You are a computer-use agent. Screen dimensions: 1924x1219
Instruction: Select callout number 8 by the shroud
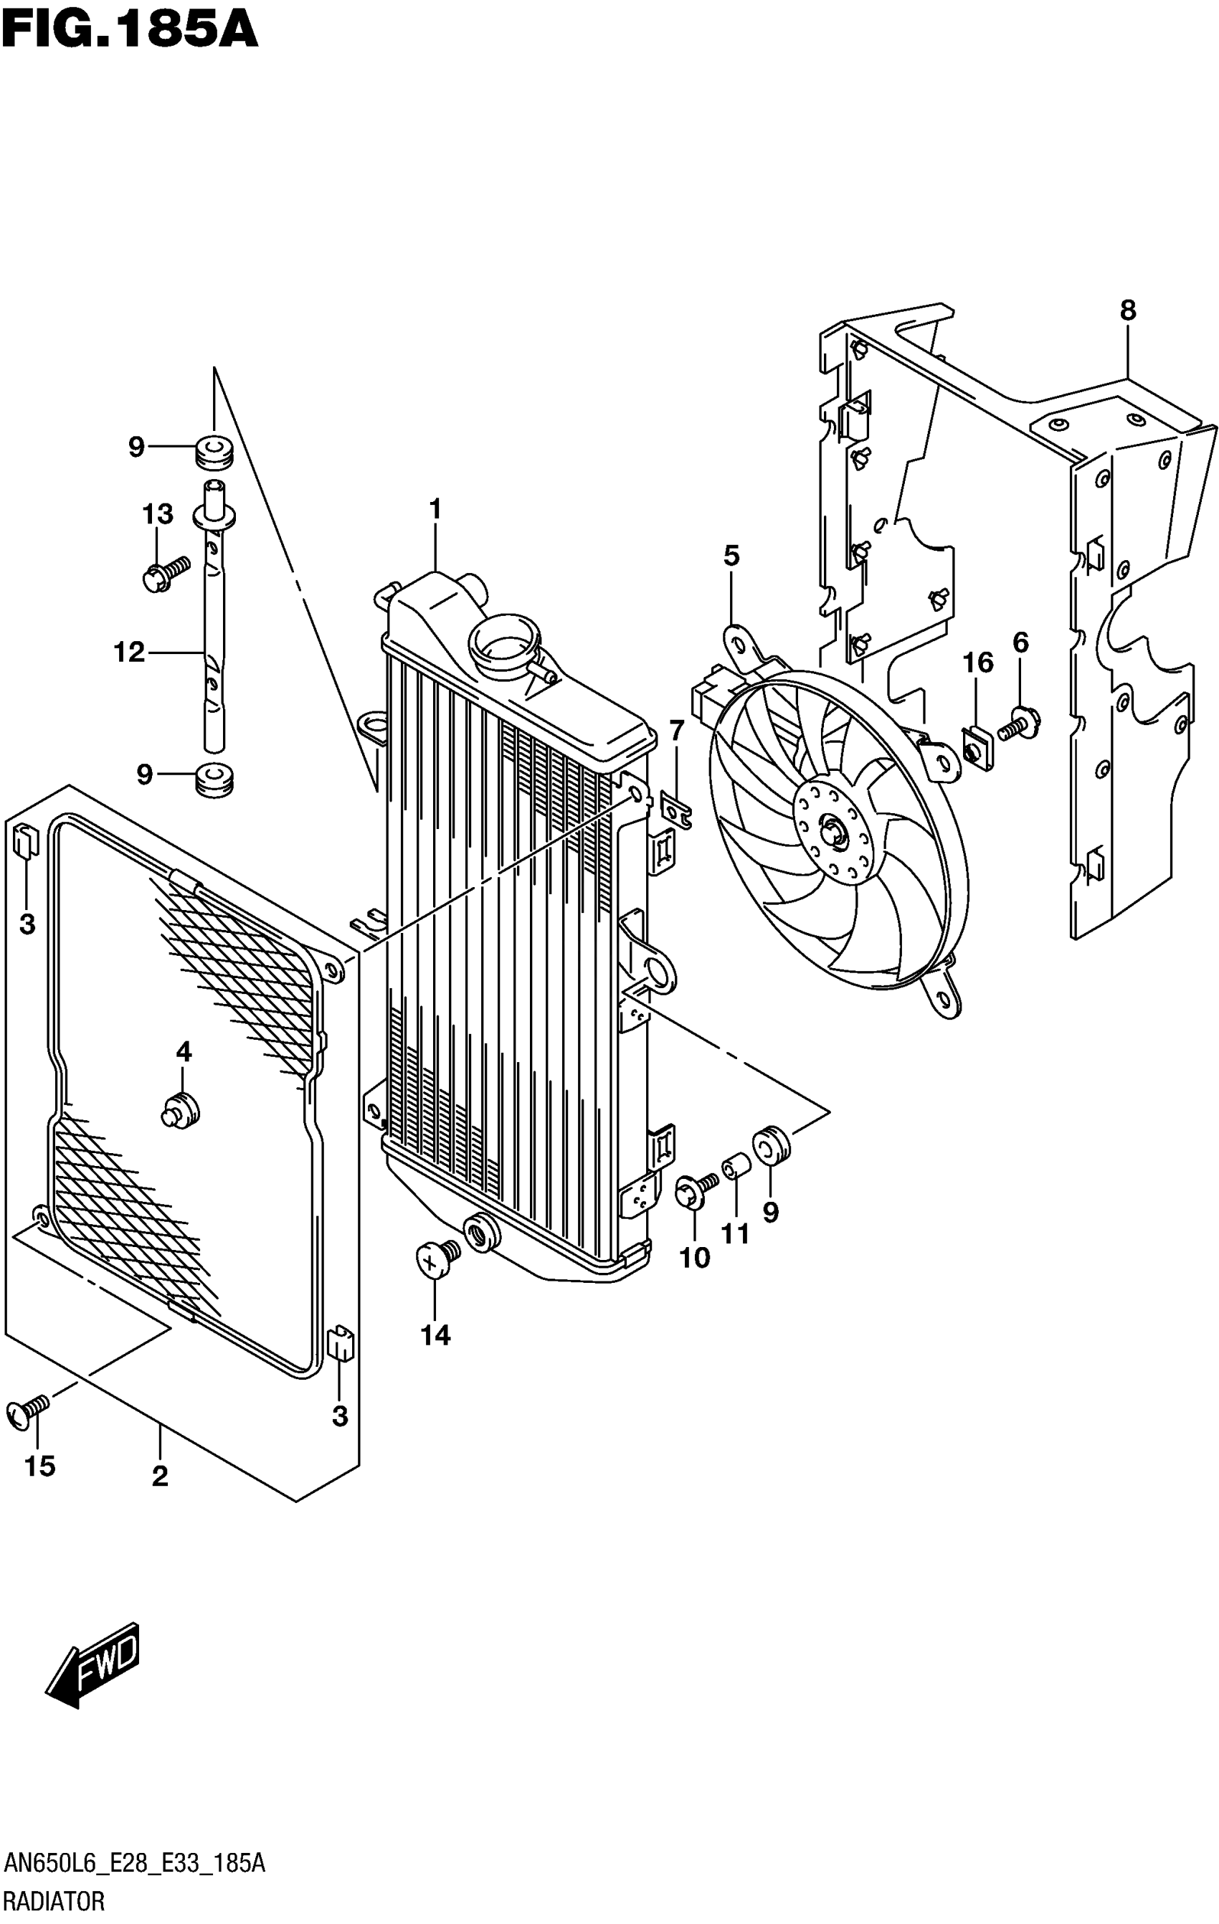pyautogui.click(x=1127, y=310)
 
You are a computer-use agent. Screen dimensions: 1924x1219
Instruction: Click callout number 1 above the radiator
pyautogui.click(x=435, y=508)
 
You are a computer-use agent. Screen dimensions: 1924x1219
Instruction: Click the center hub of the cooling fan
pyautogui.click(x=831, y=831)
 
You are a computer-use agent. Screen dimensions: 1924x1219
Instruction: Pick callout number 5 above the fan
pyautogui.click(x=731, y=555)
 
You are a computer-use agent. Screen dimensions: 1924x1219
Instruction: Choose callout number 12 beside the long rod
pyautogui.click(x=129, y=652)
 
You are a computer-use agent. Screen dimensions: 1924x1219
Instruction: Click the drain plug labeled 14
pyautogui.click(x=437, y=1259)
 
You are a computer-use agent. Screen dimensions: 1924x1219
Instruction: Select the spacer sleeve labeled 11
pyautogui.click(x=736, y=1167)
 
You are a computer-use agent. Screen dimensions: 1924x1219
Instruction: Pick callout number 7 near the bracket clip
pyautogui.click(x=677, y=729)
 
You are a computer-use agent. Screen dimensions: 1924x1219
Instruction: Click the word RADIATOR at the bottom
pyautogui.click(x=54, y=1902)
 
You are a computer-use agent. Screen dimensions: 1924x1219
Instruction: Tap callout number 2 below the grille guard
pyautogui.click(x=160, y=1477)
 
